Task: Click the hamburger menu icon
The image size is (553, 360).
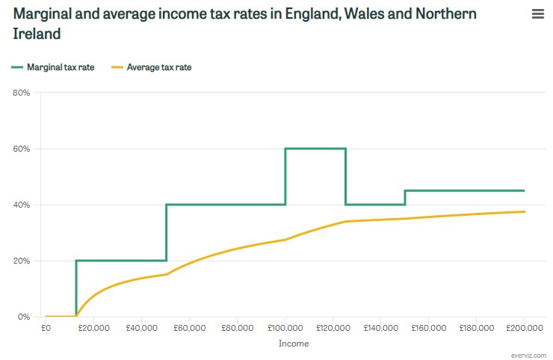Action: click(537, 14)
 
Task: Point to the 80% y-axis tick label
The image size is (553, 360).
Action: click(21, 93)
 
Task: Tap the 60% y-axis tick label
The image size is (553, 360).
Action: click(21, 149)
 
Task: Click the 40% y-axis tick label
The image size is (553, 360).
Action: click(21, 205)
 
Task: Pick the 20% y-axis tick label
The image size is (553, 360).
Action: click(21, 261)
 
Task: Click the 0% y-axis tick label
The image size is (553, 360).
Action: click(23, 317)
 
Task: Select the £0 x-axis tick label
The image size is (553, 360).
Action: click(46, 328)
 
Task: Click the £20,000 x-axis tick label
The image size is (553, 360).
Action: click(93, 328)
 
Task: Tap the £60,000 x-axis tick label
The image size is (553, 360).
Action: click(189, 328)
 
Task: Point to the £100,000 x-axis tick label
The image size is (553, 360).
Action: click(285, 328)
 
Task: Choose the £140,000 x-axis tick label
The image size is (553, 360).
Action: click(380, 328)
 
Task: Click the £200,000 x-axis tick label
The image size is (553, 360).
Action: click(524, 328)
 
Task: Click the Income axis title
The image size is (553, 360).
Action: click(293, 344)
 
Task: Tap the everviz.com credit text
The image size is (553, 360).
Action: click(529, 355)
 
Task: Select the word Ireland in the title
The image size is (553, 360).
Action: click(37, 34)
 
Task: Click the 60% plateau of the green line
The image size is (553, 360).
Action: click(315, 149)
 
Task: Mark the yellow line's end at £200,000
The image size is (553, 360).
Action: click(524, 211)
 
